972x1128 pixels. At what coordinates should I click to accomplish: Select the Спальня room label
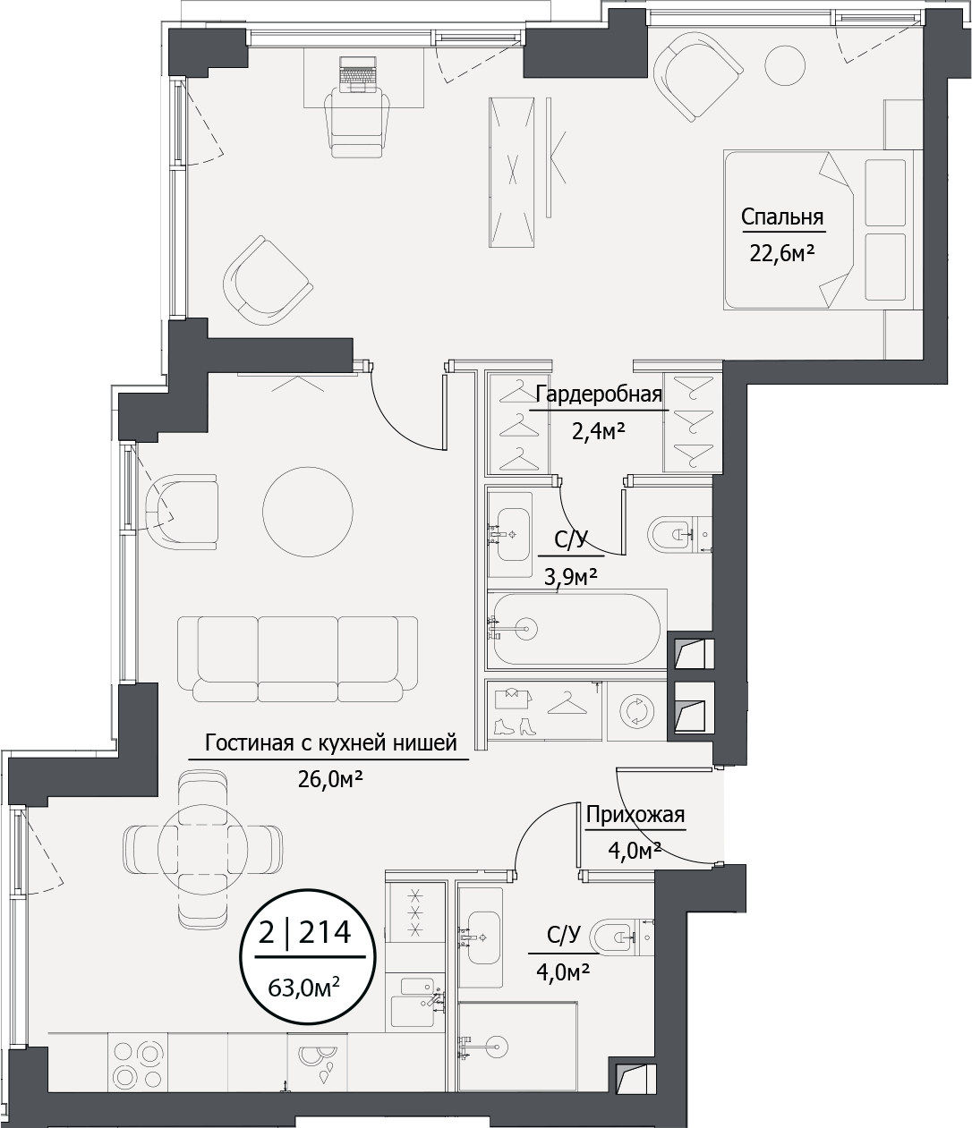pyautogui.click(x=781, y=217)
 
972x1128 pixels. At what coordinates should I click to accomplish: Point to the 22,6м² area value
pyautogui.click(x=781, y=253)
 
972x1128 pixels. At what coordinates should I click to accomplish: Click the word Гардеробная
pyautogui.click(x=598, y=394)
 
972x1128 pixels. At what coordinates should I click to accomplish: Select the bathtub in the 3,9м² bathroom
pyautogui.click(x=574, y=629)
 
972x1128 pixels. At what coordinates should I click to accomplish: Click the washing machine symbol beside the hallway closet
pyautogui.click(x=636, y=710)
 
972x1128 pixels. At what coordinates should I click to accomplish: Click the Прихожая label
pyautogui.click(x=635, y=815)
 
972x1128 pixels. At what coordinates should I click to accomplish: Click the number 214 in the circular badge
pyautogui.click(x=324, y=934)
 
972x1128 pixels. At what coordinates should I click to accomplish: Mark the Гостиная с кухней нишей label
pyautogui.click(x=330, y=742)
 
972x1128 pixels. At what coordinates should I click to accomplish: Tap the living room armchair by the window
pyautogui.click(x=182, y=511)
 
